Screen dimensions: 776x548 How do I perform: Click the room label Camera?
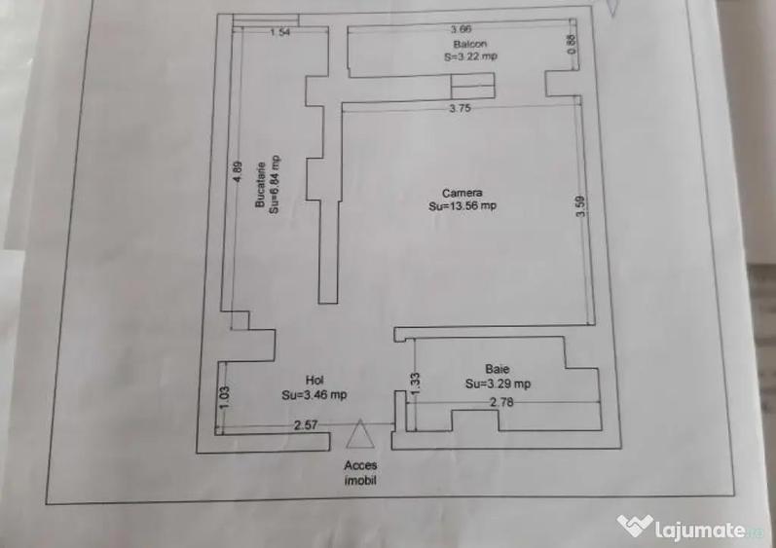point(462,193)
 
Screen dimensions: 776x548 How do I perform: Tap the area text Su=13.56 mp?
point(462,205)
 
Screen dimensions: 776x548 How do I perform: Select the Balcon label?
point(470,44)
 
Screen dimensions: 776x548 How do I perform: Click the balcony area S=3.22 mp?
point(470,56)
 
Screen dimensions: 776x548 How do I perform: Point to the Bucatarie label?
point(260,185)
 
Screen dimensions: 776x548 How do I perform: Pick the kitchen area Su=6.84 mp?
point(274,185)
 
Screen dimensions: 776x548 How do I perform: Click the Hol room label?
point(314,381)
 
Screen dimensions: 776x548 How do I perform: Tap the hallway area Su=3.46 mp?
point(314,394)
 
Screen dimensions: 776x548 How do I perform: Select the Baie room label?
point(498,369)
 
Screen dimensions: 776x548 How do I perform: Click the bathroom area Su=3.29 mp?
point(498,384)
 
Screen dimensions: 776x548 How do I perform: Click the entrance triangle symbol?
point(360,434)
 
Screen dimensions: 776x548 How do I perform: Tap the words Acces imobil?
point(360,472)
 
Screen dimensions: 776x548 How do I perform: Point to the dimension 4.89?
point(238,172)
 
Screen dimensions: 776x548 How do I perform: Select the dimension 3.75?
point(461,108)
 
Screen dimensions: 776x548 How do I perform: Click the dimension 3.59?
point(580,205)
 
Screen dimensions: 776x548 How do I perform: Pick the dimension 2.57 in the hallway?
point(306,424)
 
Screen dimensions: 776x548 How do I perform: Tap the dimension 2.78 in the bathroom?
point(501,403)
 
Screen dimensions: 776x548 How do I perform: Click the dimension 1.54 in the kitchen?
point(280,33)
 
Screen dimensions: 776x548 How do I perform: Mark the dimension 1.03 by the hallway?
point(224,397)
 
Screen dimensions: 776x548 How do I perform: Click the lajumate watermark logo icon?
point(635,526)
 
